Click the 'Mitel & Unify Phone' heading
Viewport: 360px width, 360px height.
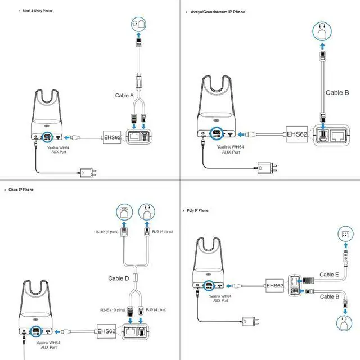pos(38,11)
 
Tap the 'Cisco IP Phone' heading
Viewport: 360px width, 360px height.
pos(21,190)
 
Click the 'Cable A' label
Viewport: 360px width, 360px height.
pos(124,96)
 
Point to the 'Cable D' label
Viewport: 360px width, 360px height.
pos(119,278)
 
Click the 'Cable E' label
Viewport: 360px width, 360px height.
pos(330,274)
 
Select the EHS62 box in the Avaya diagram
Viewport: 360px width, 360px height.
pos(296,134)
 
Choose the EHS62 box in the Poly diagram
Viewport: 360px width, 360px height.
pos(274,286)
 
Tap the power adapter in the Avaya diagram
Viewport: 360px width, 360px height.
pos(265,167)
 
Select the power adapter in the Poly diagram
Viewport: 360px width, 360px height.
pos(250,322)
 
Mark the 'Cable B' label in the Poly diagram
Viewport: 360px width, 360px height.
pos(330,296)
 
